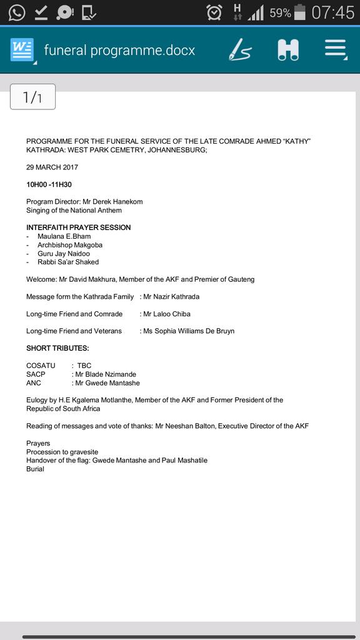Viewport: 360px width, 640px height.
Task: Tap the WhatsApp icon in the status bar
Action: [x=16, y=12]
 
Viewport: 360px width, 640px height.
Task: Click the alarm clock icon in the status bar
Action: [x=214, y=12]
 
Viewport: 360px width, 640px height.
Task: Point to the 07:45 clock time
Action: [x=332, y=12]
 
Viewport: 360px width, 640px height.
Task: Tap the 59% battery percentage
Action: [x=280, y=12]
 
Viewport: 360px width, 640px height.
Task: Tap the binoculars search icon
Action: [x=288, y=50]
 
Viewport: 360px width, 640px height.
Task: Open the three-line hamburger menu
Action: [x=336, y=50]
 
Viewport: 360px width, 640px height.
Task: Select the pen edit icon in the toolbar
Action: [x=239, y=50]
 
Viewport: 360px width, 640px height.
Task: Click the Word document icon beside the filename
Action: [x=22, y=50]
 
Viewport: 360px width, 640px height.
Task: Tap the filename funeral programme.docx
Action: [x=119, y=51]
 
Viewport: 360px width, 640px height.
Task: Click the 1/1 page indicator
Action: [x=32, y=97]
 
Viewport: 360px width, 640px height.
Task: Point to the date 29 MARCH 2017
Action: [x=52, y=167]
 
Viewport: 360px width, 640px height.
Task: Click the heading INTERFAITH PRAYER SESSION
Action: [x=78, y=227]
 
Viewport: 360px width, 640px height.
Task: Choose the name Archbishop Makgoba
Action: [x=66, y=245]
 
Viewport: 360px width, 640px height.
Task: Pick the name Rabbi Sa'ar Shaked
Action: [x=68, y=262]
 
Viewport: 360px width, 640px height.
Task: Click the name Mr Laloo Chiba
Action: [x=167, y=314]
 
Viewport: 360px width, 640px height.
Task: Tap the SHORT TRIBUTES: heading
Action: [x=57, y=348]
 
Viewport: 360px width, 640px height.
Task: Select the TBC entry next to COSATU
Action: [x=84, y=366]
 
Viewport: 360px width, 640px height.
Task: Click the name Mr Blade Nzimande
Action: [x=106, y=374]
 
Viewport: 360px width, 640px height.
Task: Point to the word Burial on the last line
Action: [x=35, y=469]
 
